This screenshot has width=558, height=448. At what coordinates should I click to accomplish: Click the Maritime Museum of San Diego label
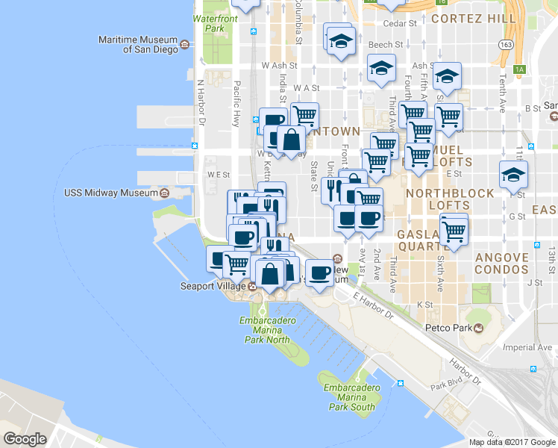point(139,44)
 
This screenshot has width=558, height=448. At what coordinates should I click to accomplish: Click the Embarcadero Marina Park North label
point(265,330)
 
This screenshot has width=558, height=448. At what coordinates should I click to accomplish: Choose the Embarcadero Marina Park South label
point(350,396)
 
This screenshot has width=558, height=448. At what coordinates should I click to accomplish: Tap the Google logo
point(25,439)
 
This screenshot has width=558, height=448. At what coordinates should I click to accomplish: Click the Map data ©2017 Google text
point(512,442)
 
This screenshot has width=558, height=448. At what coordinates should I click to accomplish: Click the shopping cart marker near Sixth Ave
point(454,229)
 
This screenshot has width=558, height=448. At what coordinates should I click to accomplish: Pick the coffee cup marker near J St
point(319,272)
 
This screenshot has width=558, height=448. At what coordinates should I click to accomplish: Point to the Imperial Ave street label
point(527,347)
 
